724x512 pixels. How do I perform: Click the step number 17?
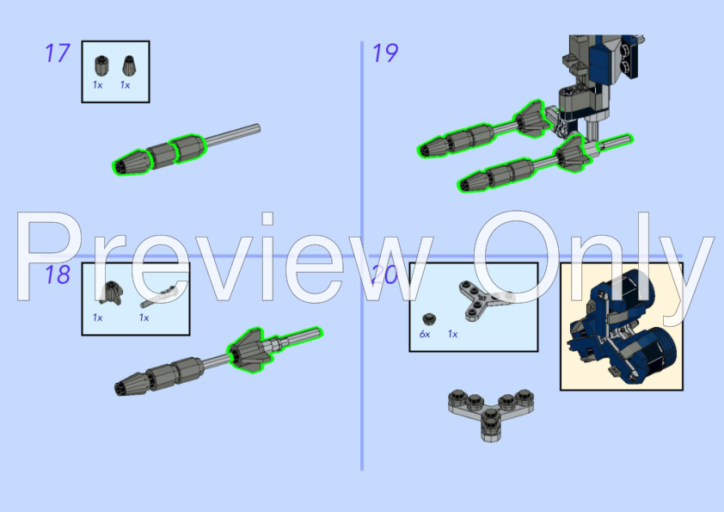[x=57, y=53]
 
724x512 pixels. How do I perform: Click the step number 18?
[x=57, y=275]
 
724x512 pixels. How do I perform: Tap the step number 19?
[x=384, y=53]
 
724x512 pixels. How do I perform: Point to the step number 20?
[x=384, y=275]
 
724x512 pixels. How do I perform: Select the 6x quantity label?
[x=425, y=334]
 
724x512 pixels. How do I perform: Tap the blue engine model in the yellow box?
[x=620, y=325]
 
